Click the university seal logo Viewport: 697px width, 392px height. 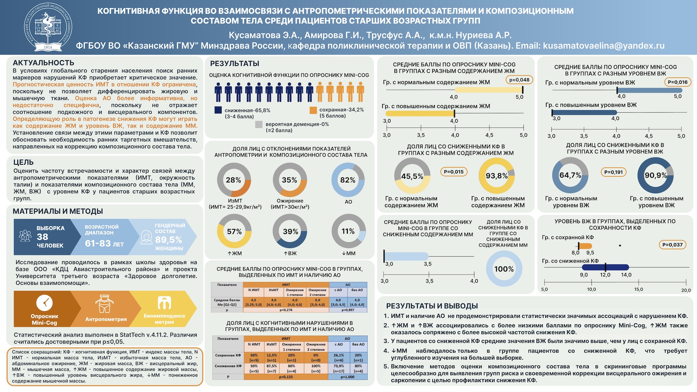[48, 27]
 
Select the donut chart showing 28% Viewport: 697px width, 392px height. [234, 180]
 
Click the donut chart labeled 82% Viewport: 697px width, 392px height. [348, 180]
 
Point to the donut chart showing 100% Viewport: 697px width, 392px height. [504, 269]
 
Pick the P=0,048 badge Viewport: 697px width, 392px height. [519, 80]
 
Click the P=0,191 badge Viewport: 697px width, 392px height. [613, 172]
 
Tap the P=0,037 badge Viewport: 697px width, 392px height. [672, 245]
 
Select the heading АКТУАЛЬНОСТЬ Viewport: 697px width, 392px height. [44, 63]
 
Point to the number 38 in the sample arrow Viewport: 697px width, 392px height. [43, 237]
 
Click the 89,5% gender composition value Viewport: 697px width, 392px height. [168, 240]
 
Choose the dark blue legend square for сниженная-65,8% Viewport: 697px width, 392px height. [218, 110]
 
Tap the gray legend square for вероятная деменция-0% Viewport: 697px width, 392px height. [259, 125]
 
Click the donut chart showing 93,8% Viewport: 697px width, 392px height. [497, 176]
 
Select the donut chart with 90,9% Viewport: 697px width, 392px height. [655, 176]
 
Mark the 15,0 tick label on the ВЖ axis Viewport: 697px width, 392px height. [638, 290]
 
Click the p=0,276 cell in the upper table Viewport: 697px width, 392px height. [286, 310]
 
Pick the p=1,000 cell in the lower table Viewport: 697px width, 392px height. [347, 377]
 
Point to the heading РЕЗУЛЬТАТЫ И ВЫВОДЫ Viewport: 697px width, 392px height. [432, 306]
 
